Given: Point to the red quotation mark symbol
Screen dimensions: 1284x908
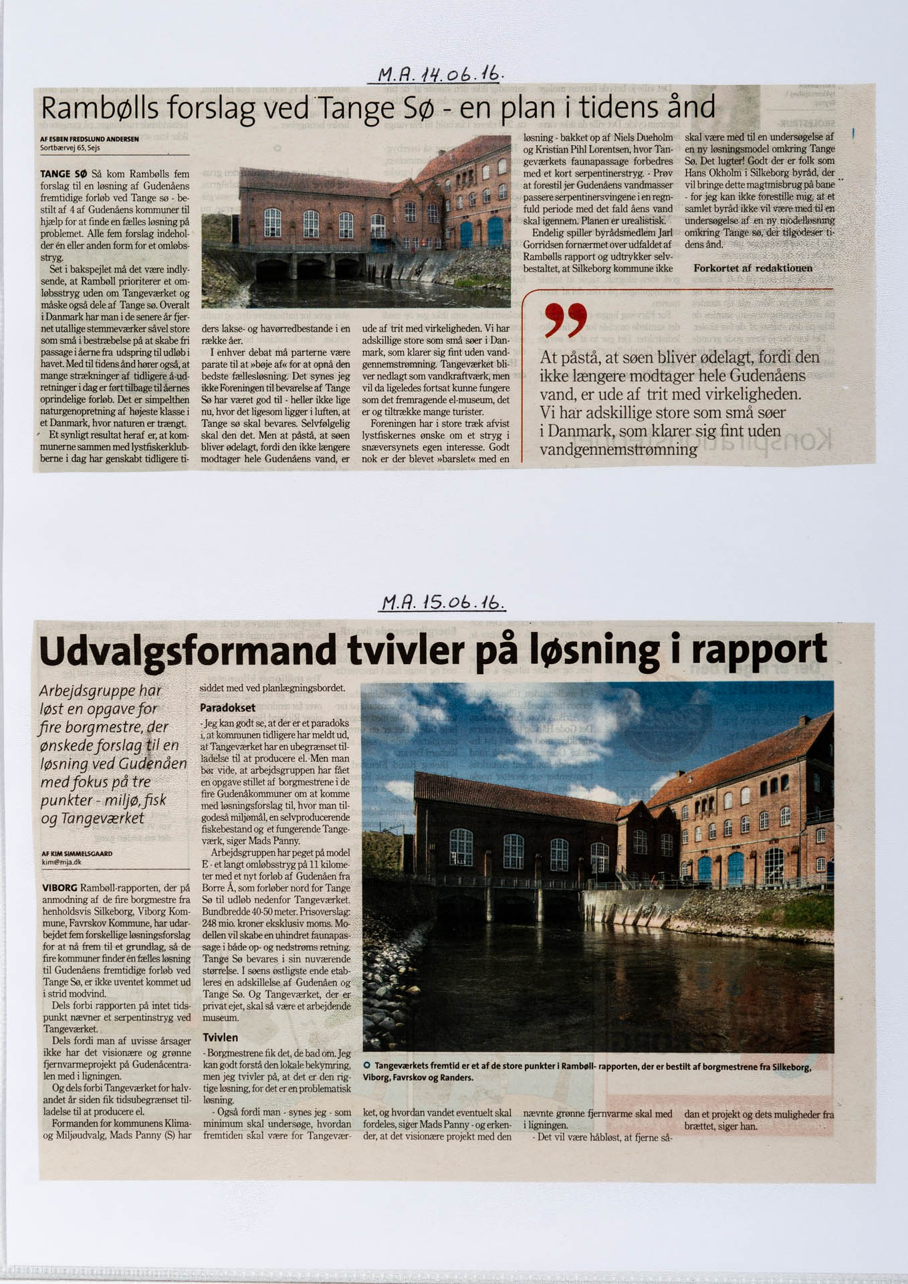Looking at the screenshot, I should pyautogui.click(x=566, y=319).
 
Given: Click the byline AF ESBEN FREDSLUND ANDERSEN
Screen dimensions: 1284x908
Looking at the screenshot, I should pyautogui.click(x=89, y=139).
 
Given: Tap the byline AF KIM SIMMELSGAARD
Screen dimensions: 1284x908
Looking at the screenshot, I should pyautogui.click(x=76, y=853).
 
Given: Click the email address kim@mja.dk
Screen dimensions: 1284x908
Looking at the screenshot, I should pyautogui.click(x=61, y=863).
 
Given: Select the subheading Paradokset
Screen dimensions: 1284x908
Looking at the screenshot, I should pyautogui.click(x=227, y=707).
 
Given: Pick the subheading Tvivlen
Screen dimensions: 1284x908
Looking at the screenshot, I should pyautogui.click(x=220, y=1037).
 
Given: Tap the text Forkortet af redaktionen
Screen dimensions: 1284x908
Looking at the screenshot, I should pyautogui.click(x=753, y=268).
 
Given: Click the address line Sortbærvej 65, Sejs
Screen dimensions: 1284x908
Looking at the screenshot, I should pyautogui.click(x=70, y=147).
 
